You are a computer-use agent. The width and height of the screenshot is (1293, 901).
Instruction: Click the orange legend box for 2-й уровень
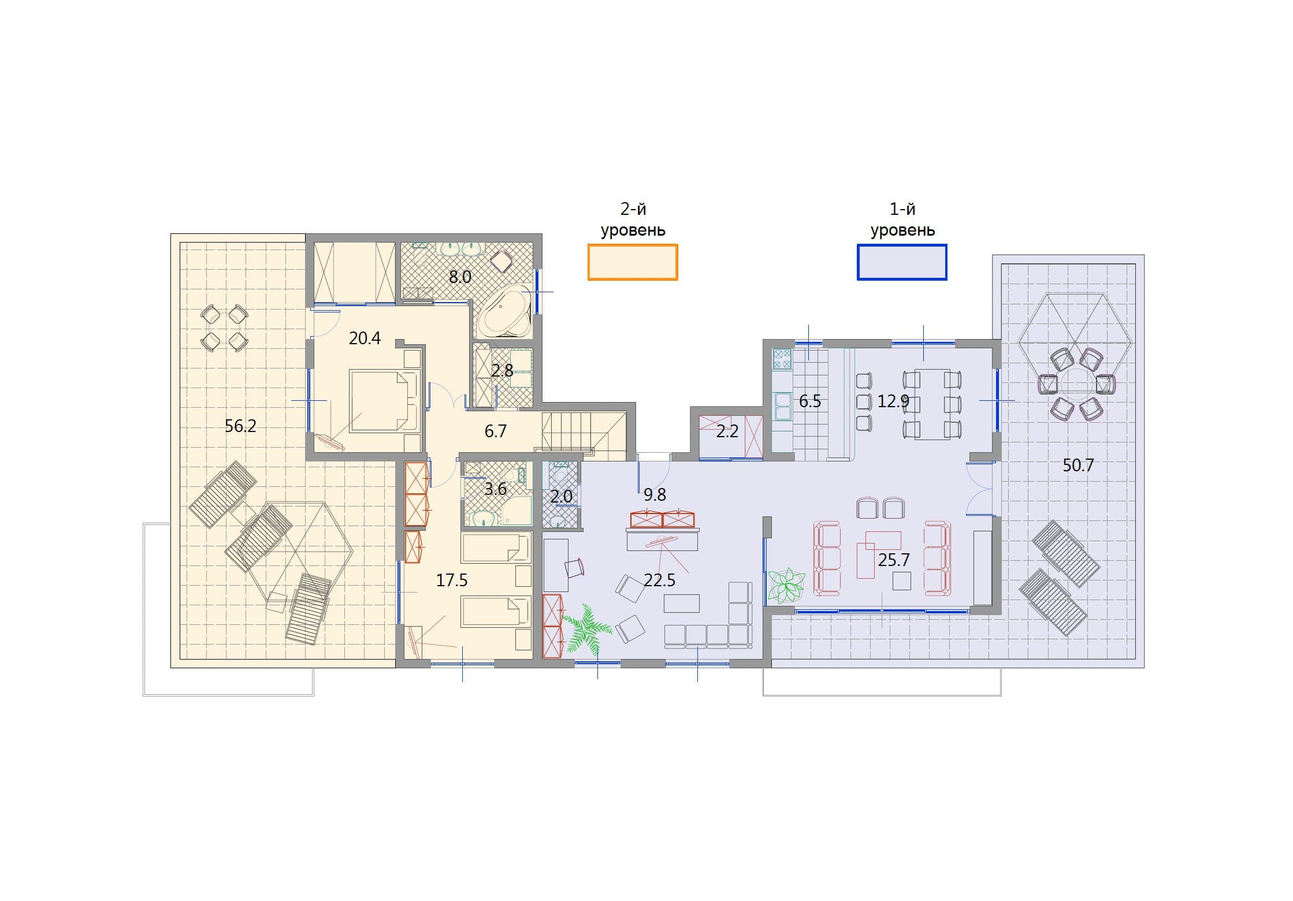[633, 262]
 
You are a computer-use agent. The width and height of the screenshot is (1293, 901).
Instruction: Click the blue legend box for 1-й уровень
[902, 262]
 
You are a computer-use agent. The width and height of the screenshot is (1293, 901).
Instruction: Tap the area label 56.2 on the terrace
[240, 426]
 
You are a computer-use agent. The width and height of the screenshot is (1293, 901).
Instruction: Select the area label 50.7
[1078, 465]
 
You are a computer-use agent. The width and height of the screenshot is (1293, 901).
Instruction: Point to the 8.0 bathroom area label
[460, 277]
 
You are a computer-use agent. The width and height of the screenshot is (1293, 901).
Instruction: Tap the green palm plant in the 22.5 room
[586, 628]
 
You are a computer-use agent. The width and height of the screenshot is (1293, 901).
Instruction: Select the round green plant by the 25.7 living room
[786, 586]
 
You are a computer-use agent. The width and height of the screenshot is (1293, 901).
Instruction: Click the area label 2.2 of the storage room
[727, 431]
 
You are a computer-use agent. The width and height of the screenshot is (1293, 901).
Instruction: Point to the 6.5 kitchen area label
[810, 401]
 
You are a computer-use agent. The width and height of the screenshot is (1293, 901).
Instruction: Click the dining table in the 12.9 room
[932, 404]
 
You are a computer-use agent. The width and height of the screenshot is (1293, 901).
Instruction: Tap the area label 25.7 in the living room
[894, 560]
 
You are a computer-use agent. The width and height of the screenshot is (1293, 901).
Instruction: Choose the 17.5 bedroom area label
[452, 580]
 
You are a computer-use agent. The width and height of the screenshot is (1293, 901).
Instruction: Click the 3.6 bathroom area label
[495, 489]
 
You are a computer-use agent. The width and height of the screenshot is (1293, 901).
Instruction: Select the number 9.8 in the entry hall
[655, 494]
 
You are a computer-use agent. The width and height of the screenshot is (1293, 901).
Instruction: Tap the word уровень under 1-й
[902, 230]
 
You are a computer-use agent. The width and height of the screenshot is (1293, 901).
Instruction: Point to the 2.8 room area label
[502, 370]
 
